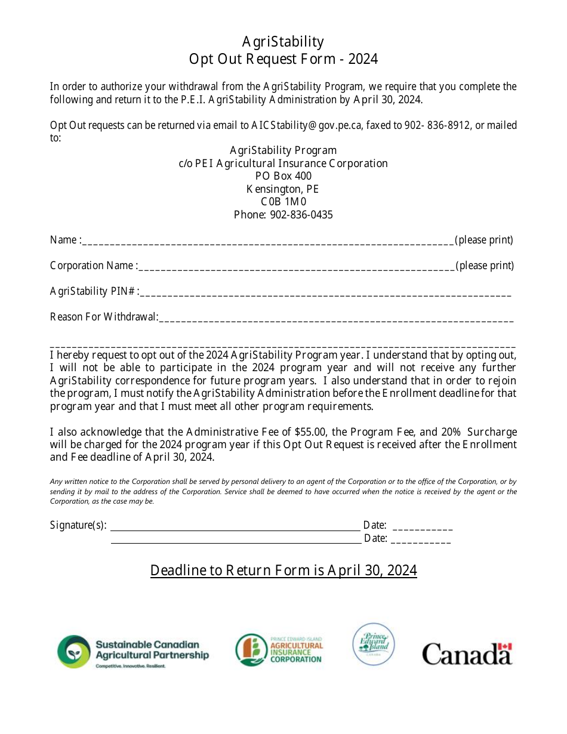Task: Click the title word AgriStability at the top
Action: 283,41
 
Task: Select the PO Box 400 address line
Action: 283,176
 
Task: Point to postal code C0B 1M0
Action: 283,202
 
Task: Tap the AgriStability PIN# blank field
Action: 325,292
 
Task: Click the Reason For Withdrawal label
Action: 104,317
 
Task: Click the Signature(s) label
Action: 78,525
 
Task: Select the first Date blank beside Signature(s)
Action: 423,527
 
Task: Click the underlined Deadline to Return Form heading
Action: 283,570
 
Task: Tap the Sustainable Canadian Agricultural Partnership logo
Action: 133,652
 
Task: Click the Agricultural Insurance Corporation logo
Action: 279,650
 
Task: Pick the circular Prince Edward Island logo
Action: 374,644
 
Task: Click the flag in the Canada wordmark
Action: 505,647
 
